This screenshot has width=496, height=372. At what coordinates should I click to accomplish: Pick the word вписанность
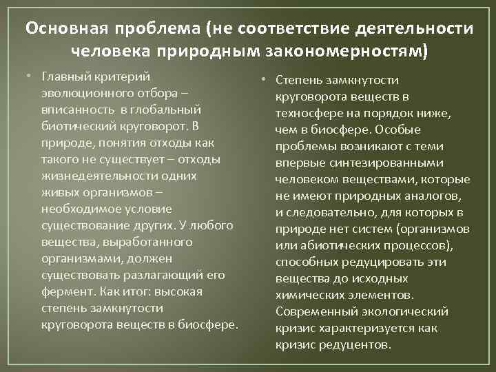[74, 109]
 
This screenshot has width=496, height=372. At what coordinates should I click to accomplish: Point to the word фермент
[65, 291]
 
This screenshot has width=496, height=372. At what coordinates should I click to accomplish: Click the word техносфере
[305, 114]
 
